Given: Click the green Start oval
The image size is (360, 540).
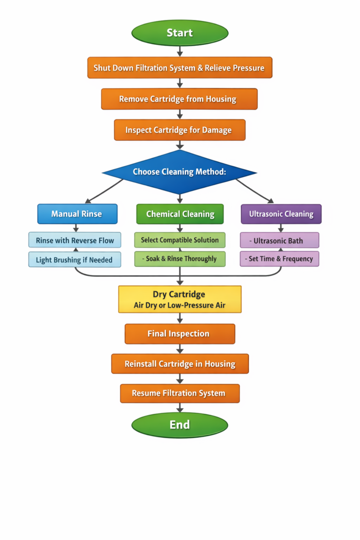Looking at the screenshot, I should [x=180, y=33].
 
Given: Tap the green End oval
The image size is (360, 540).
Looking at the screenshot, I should [x=180, y=425].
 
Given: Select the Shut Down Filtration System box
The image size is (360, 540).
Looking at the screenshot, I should [x=180, y=68].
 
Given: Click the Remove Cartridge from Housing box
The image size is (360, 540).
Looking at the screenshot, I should [x=179, y=99].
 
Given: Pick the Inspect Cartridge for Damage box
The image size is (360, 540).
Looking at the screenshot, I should [x=180, y=130].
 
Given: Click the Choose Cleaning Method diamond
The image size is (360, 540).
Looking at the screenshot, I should [x=179, y=172].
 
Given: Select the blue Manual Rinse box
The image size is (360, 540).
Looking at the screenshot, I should [x=76, y=214].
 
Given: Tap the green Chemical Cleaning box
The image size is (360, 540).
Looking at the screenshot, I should [x=180, y=214].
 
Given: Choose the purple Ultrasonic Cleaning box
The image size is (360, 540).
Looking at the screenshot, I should [x=281, y=214].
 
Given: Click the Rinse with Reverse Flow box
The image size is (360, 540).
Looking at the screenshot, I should [x=75, y=240].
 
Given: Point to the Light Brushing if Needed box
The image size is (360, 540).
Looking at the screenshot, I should [x=74, y=259].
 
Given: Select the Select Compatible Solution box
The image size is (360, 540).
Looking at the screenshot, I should [x=180, y=240].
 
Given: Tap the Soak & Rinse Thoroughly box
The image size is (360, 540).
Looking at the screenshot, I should [x=180, y=259].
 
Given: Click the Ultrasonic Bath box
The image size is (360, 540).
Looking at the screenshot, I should [x=279, y=240].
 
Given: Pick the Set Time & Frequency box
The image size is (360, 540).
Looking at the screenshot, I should [x=279, y=259].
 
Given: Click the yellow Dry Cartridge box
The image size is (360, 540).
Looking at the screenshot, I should [x=180, y=300].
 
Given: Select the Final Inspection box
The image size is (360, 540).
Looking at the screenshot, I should [x=180, y=334].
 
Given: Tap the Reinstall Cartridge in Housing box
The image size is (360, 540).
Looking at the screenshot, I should [x=180, y=364].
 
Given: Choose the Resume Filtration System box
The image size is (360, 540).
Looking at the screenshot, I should [x=180, y=393].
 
